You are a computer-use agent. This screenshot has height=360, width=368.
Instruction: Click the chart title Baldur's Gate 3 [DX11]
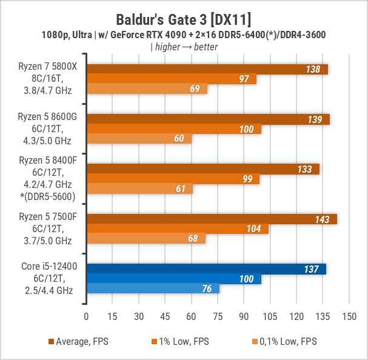click(x=184, y=15)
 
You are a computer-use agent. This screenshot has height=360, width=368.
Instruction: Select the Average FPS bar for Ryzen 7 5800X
click(x=207, y=69)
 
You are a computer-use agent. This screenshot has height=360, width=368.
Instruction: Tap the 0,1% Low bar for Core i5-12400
click(x=153, y=288)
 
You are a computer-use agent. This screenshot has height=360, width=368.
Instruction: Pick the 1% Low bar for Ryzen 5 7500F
click(x=177, y=228)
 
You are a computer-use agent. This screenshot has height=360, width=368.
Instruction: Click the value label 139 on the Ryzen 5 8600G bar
click(x=315, y=119)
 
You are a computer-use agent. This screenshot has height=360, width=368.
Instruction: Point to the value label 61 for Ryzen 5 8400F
click(x=180, y=189)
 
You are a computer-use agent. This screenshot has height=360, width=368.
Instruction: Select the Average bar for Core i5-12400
click(x=206, y=269)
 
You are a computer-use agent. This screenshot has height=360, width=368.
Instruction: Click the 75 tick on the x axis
click(x=218, y=316)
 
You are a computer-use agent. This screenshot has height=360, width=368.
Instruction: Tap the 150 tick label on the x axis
click(x=349, y=316)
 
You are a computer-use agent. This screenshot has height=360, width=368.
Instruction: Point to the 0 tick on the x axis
click(x=86, y=316)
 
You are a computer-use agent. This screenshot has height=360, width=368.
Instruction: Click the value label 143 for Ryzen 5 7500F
click(x=321, y=219)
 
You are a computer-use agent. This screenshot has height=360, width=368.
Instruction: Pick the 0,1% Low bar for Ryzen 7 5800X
click(x=147, y=89)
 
